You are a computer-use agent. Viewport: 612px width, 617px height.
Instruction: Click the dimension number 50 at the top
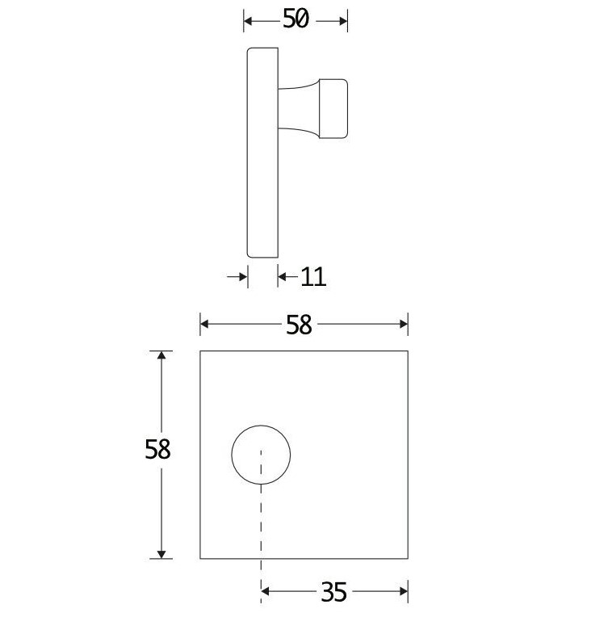tap(296, 19)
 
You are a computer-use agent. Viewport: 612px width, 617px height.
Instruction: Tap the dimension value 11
tap(313, 277)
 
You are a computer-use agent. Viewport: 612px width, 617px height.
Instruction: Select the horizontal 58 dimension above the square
tap(299, 324)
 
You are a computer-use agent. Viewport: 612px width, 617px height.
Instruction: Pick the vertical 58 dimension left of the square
tap(158, 449)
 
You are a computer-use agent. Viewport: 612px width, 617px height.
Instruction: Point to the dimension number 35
tap(333, 593)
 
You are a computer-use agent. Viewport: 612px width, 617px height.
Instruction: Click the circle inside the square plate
tap(261, 453)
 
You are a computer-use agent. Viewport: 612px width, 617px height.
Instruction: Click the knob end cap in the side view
tap(334, 108)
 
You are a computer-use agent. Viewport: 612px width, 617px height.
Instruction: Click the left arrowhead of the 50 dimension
tap(249, 20)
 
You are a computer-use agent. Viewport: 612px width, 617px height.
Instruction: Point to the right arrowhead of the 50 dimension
tap(342, 20)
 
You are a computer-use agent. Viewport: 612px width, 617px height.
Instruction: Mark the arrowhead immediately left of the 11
tap(283, 277)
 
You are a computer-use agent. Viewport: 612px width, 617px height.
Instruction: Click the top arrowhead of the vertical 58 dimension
tap(162, 356)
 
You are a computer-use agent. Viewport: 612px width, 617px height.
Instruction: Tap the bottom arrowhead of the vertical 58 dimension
tap(162, 553)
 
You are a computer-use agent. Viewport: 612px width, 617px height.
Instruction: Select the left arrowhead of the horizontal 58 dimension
tap(205, 324)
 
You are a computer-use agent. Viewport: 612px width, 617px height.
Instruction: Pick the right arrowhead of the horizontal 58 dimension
tap(403, 324)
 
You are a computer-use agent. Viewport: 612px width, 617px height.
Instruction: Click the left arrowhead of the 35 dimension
tap(266, 593)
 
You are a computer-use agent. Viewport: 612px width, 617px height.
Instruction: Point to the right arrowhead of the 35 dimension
tap(403, 593)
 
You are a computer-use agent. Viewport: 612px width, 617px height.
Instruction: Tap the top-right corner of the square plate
tap(408, 351)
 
